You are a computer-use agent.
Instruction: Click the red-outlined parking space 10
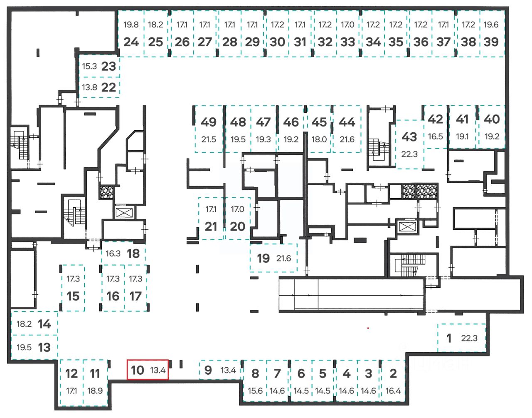148,369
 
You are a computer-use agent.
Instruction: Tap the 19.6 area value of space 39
491,25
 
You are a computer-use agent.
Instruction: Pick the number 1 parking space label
449,338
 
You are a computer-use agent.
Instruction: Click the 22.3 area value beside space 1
469,338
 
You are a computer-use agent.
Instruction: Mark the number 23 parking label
108,67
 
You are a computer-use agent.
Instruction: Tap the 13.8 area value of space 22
89,87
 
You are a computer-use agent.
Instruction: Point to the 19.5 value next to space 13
24,347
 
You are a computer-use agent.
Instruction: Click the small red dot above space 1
368,328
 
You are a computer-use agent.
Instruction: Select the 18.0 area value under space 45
319,139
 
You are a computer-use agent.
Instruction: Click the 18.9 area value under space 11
95,391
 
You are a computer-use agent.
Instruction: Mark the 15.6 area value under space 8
255,391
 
